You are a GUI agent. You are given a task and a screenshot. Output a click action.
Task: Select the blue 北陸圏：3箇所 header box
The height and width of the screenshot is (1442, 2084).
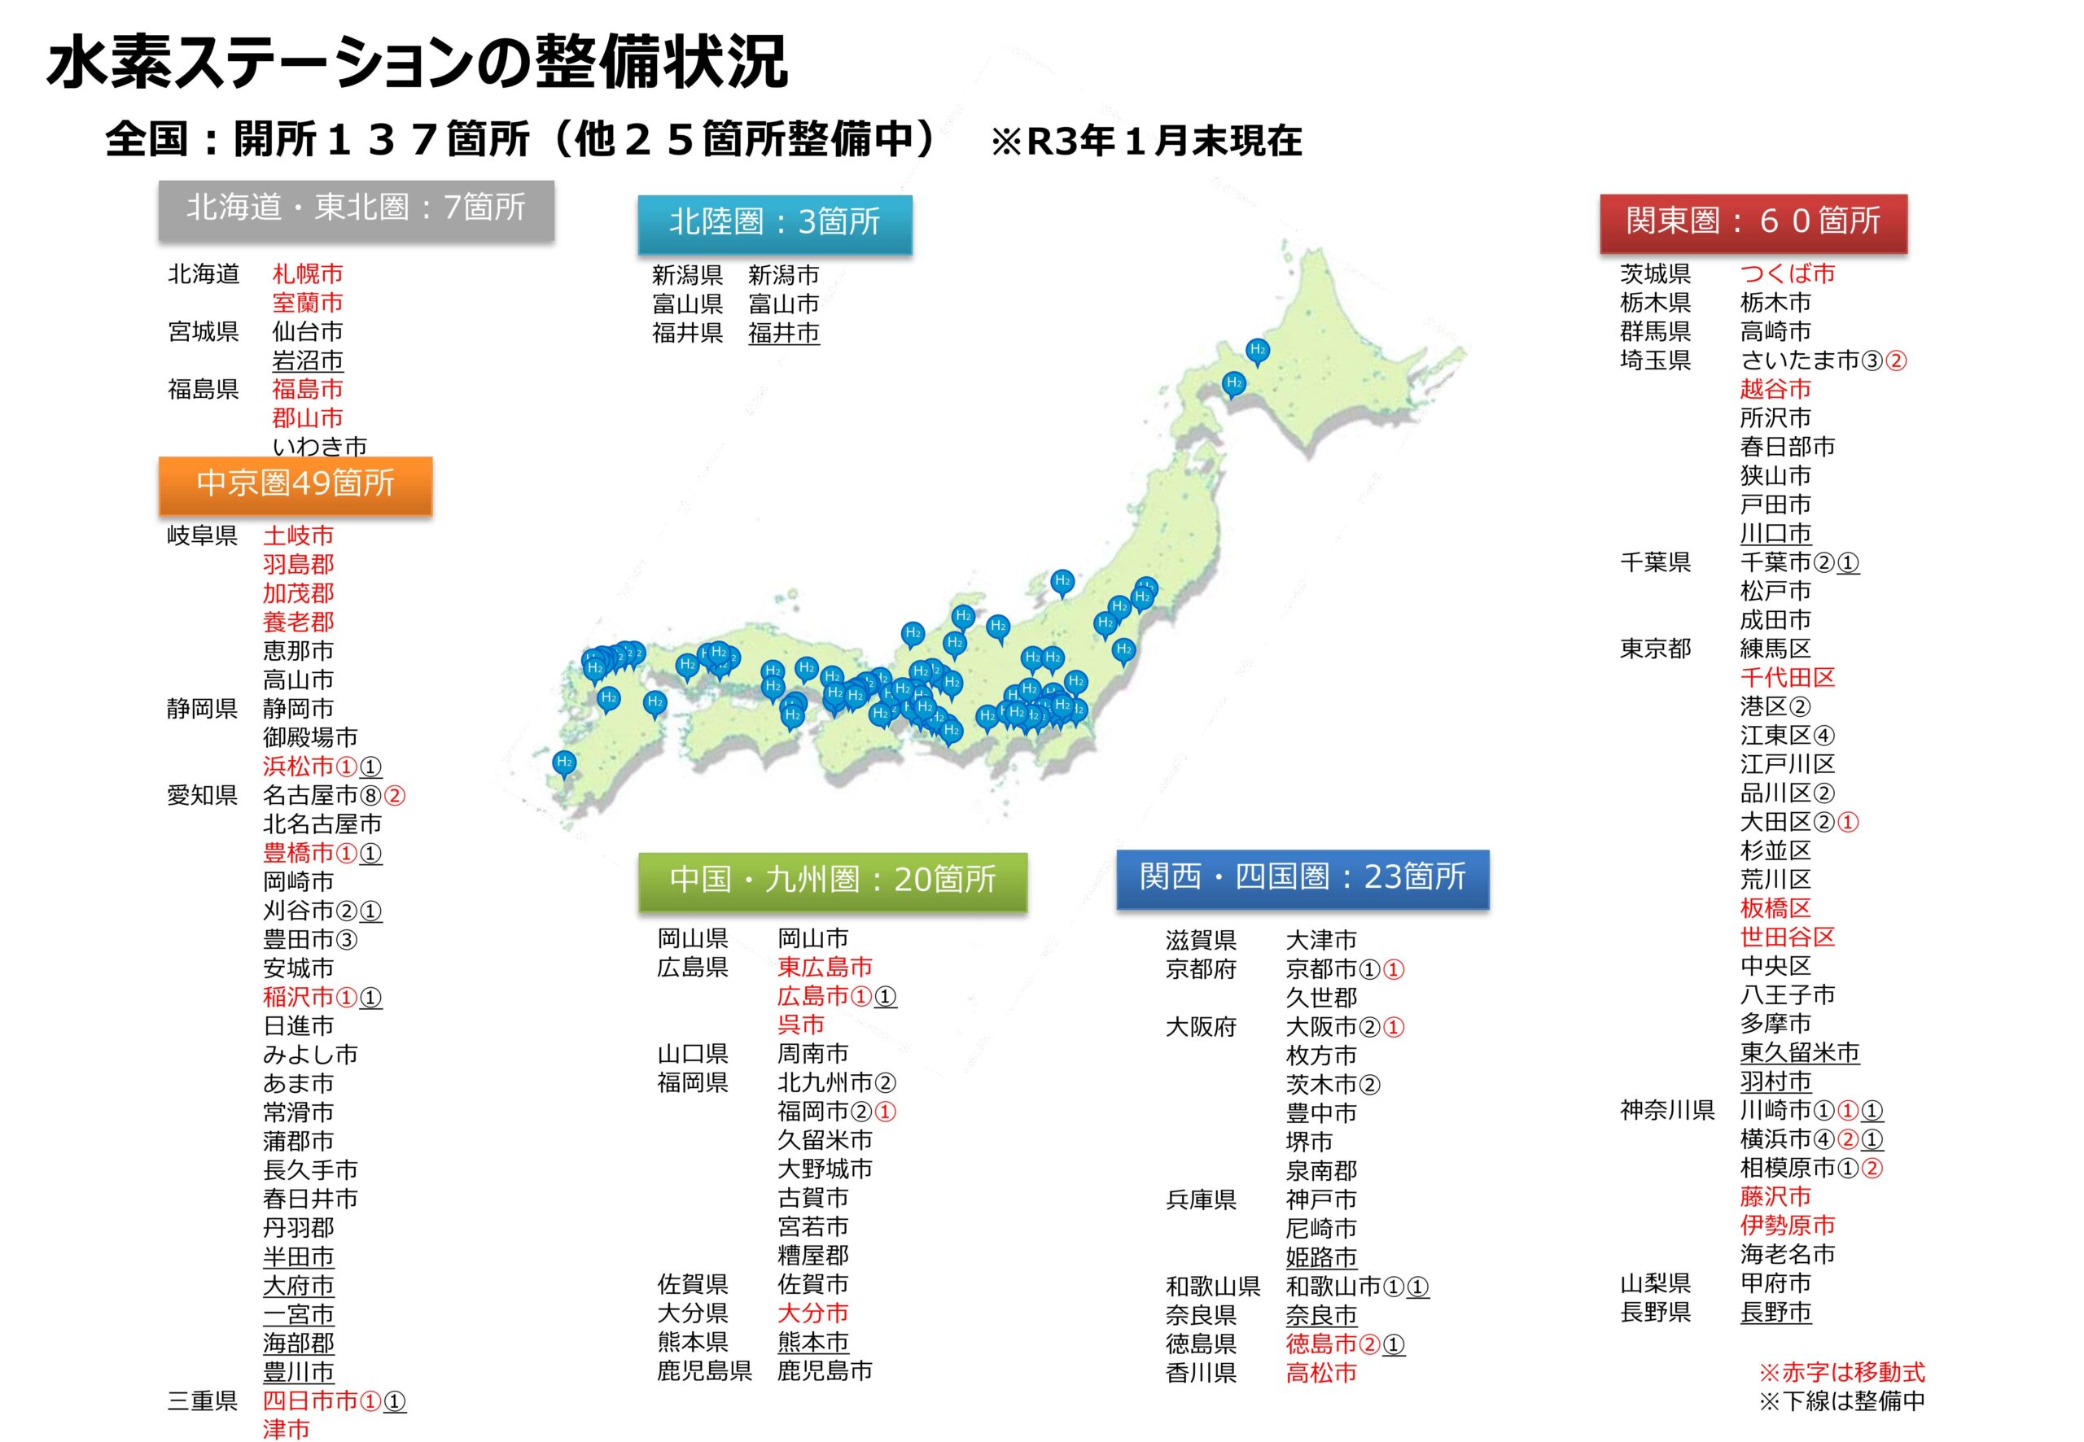click(774, 222)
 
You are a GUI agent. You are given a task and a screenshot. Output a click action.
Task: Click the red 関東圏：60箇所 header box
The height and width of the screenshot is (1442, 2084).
click(1753, 221)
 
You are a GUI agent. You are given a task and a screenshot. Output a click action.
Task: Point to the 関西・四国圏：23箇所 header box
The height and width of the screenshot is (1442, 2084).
click(1302, 877)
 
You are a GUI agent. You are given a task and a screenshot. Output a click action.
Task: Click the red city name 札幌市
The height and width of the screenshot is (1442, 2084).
click(307, 273)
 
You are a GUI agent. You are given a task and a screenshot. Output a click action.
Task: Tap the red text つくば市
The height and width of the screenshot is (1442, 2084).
click(1787, 273)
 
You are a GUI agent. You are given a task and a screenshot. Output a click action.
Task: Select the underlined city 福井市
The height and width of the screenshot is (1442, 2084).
click(783, 334)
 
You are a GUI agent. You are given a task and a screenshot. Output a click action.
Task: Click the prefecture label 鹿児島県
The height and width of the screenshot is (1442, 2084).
click(704, 1370)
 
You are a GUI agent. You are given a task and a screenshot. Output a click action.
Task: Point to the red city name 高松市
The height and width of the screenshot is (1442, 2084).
click(1320, 1373)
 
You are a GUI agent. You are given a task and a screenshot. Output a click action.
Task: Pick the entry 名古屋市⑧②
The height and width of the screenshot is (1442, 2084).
click(334, 795)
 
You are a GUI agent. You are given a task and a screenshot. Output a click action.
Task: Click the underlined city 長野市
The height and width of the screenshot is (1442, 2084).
click(1775, 1312)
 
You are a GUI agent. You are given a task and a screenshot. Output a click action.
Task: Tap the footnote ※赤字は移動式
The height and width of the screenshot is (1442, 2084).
click(1841, 1373)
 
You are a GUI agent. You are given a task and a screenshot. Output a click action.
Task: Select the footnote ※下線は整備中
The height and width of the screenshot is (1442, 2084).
click(1841, 1401)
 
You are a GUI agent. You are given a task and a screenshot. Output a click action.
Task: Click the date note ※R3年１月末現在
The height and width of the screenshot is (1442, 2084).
click(1146, 142)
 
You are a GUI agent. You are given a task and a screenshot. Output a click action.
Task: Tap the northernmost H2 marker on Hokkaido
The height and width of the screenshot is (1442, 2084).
click(1257, 350)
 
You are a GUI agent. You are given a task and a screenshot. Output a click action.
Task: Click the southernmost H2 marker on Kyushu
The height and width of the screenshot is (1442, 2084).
click(565, 763)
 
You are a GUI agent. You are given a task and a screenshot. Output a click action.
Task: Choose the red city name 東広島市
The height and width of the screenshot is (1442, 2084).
click(824, 967)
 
